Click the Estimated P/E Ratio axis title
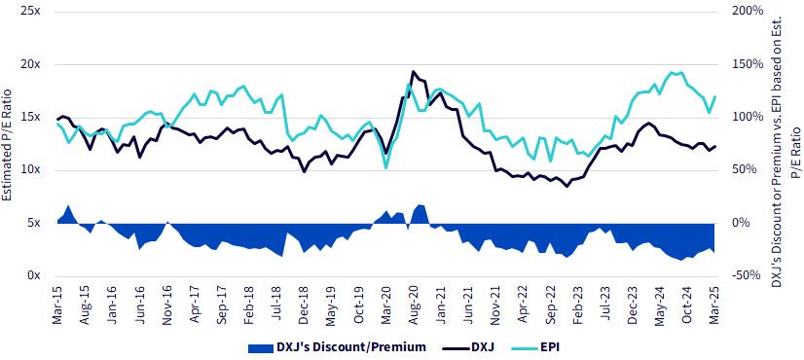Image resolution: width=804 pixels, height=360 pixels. pos(7,144)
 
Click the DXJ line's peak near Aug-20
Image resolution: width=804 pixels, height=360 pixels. pos(414,71)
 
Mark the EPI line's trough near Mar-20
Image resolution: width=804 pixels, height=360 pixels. pos(385,167)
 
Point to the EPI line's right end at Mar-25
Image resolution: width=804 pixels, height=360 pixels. pos(714,96)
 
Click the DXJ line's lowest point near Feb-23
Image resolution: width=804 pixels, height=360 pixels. pos(567,187)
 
